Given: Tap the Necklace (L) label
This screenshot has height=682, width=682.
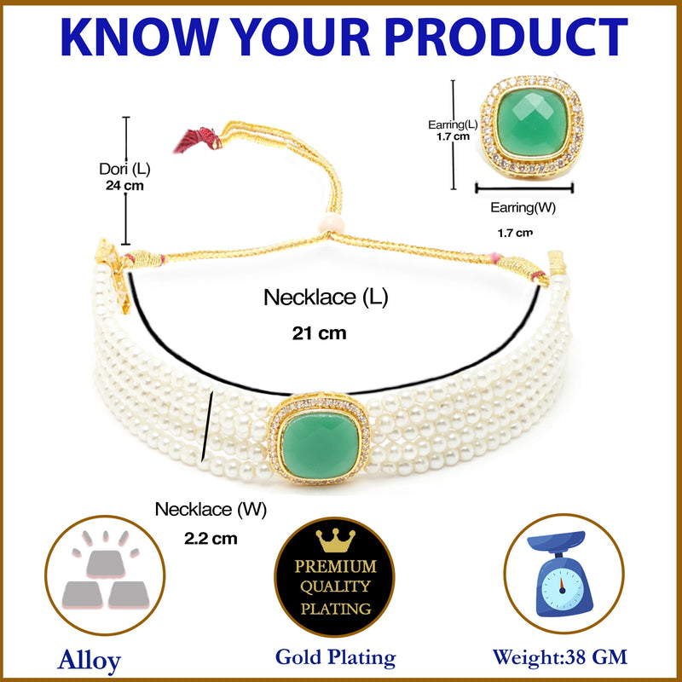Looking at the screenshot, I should tap(325, 298).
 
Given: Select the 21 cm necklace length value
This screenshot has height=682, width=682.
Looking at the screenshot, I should tap(315, 333).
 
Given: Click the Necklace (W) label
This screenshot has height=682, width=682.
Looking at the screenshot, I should tap(211, 510).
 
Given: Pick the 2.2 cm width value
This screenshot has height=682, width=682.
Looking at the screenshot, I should tap(211, 538).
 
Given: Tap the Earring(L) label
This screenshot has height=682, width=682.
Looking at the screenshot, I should tap(448, 124).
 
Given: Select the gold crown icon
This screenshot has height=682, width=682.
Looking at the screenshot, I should tap(334, 540).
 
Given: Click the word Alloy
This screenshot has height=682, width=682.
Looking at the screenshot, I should tap(90, 660).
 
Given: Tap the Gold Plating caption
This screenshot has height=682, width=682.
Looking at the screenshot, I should tap(335, 657).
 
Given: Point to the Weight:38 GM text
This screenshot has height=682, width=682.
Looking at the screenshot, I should tap(560, 657).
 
